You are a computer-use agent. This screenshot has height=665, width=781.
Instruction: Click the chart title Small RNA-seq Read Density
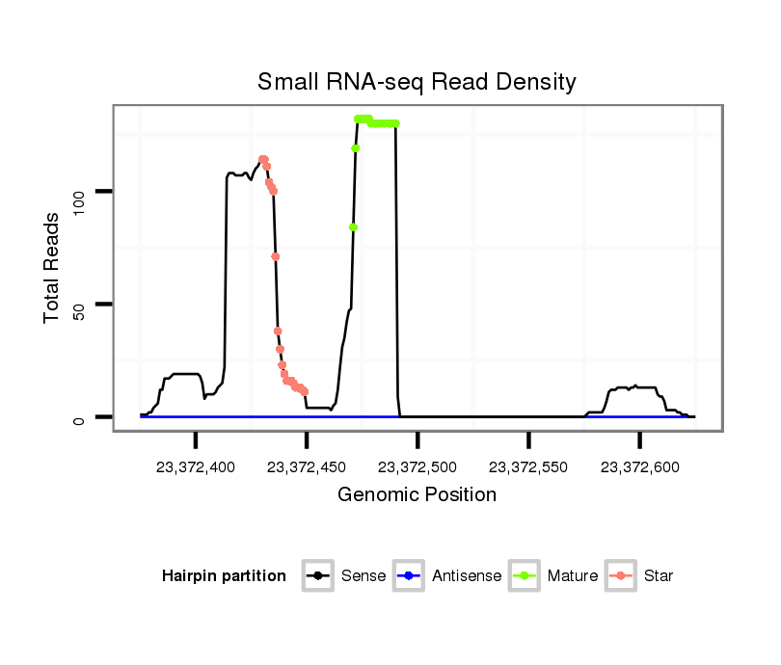point(417,82)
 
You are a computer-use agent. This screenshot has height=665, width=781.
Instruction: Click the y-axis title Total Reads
point(53,268)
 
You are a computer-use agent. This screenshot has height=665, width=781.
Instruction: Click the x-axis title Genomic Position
point(417,495)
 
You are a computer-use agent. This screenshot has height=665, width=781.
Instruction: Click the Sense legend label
point(364,576)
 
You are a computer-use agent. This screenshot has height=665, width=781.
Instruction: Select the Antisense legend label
point(467,576)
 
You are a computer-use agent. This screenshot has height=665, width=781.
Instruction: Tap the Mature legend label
point(573,576)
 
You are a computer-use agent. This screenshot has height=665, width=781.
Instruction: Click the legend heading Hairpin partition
point(224,576)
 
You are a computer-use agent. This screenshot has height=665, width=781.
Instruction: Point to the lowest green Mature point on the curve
point(354,226)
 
